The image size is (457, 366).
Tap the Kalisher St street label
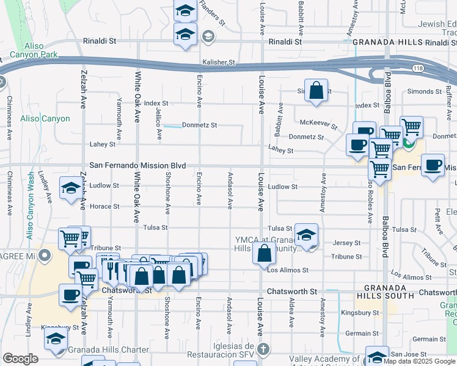tap(219, 62)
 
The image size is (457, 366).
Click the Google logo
tap(20, 359)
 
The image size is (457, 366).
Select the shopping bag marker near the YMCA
tap(264, 255)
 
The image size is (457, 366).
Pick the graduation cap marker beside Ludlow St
tap(71, 188)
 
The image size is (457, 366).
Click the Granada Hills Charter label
tap(109, 350)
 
